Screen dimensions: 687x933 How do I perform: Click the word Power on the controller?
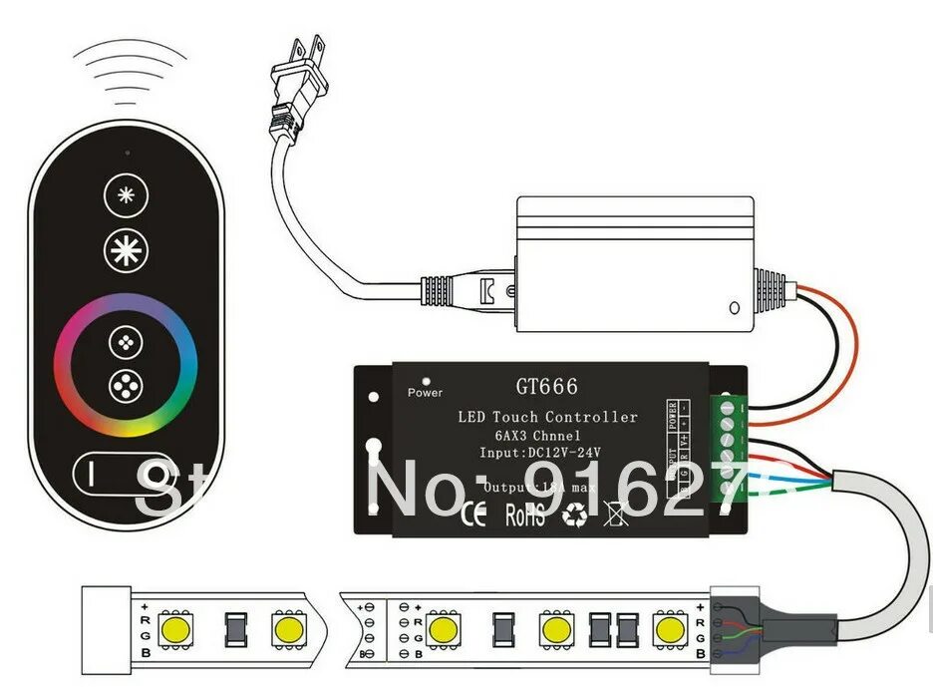425,393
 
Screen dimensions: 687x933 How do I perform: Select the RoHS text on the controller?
524,516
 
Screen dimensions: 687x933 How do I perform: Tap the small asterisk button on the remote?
126,195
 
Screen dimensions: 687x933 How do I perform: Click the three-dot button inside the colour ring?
126,340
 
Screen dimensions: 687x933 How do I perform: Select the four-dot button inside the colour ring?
126,384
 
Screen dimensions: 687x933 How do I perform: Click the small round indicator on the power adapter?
735,309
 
